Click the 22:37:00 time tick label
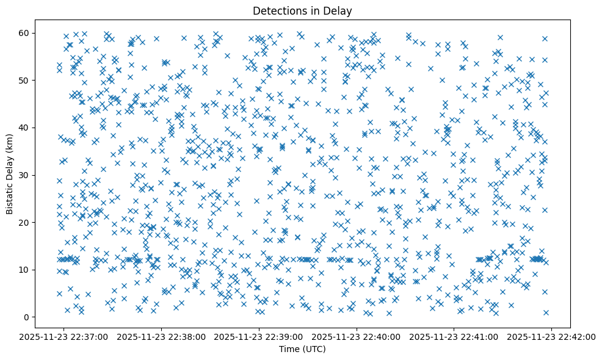(x=65, y=336)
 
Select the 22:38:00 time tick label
(x=162, y=336)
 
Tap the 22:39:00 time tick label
(x=259, y=336)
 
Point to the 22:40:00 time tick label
(x=357, y=336)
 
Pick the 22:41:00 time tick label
(x=454, y=336)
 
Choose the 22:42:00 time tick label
(x=552, y=336)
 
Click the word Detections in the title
(x=278, y=10)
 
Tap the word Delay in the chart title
(x=340, y=10)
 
